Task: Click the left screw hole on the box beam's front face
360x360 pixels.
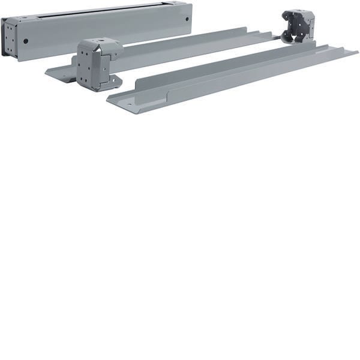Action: [x=26, y=41]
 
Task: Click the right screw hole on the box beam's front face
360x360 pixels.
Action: [x=187, y=19]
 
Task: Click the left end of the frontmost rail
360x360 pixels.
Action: [x=114, y=98]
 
